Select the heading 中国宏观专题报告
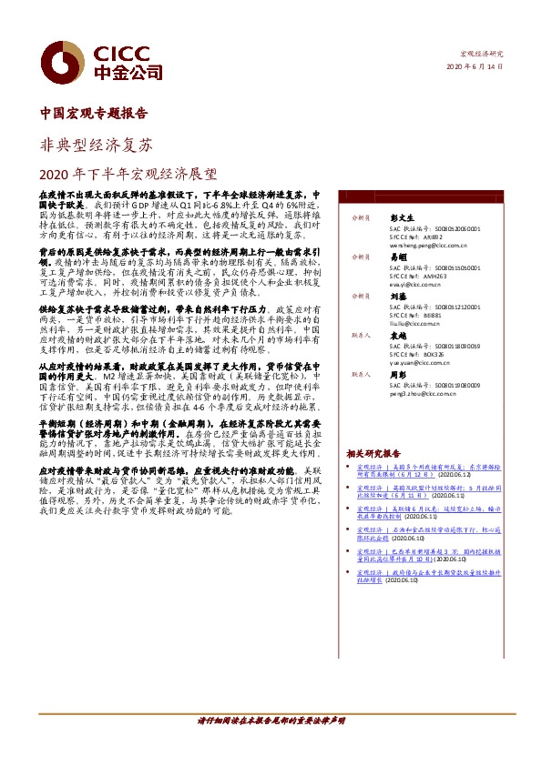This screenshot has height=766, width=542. point(95,116)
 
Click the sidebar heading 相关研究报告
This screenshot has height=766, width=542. point(373,453)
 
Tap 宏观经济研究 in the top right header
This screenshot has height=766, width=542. point(480,55)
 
